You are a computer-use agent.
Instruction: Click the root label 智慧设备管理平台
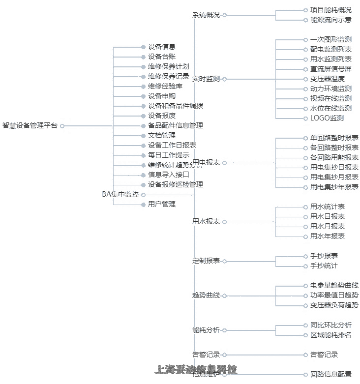tap(30, 126)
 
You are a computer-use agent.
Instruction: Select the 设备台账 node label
tap(161, 57)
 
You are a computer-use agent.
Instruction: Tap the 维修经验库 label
tap(165, 87)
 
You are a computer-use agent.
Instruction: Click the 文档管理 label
tap(161, 136)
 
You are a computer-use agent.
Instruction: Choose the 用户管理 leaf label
tap(161, 205)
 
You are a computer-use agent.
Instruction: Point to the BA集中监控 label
tap(120, 195)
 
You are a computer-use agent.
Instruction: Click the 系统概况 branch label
tap(206, 15)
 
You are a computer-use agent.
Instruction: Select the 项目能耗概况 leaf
tap(330, 10)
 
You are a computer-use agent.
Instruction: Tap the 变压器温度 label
tap(327, 79)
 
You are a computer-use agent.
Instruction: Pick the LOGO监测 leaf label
tap(327, 118)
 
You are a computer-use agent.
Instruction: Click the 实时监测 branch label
tap(206, 79)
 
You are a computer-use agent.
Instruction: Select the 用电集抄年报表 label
tap(334, 187)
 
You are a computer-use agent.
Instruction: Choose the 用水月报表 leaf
tap(327, 227)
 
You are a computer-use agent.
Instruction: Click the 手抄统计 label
tap(324, 266)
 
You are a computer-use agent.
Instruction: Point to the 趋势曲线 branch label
tap(206, 295)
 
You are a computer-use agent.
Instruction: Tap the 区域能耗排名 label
tap(330, 335)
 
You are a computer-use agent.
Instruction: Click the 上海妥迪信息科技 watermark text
tap(196, 369)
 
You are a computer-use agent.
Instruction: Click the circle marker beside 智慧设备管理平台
tap(62, 126)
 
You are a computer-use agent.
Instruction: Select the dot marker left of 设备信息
tap(143, 47)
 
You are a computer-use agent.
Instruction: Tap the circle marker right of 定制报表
tap(224, 261)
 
